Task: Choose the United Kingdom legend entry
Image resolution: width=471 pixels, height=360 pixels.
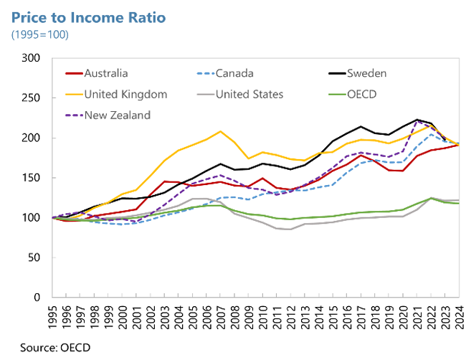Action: (x=125, y=94)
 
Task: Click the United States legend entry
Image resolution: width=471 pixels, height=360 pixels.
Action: (x=250, y=94)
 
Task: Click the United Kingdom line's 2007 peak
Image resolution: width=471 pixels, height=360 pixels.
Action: (x=220, y=131)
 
